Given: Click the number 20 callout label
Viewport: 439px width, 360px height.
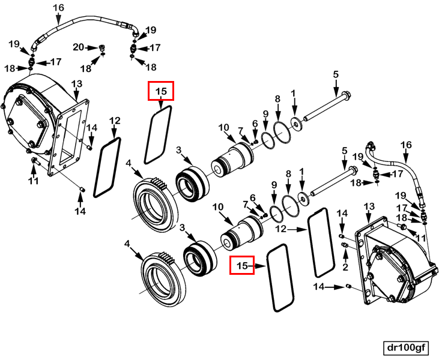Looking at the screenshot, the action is point(79,47).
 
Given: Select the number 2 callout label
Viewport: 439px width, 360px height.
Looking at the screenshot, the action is point(345,267).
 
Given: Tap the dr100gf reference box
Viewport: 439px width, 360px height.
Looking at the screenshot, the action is point(406,347).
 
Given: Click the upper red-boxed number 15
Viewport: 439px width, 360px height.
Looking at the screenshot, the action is point(161,91).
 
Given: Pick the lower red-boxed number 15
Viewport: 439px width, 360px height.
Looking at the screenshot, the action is point(242,265).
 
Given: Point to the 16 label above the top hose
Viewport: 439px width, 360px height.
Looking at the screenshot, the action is point(58,8).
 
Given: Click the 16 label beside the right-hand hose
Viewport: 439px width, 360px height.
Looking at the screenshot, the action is point(406,145).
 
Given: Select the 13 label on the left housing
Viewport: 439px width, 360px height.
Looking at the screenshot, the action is point(77,83).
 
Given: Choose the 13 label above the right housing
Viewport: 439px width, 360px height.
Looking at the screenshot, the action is point(369,206).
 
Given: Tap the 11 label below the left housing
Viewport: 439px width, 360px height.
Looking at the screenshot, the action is point(33,181).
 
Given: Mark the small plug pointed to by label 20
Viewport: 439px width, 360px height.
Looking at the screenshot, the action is point(102,49).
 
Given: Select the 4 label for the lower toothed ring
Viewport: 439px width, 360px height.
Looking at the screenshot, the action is point(127,244).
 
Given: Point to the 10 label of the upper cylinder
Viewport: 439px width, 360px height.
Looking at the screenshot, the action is point(223,128).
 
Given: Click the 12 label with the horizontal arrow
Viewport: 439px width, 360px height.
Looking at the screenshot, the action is point(281,229).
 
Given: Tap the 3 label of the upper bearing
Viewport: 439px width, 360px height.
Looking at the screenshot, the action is point(179,150).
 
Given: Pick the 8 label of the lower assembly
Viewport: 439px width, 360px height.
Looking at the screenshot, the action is point(288,174).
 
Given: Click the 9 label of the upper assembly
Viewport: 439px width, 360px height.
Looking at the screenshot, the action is point(265,114).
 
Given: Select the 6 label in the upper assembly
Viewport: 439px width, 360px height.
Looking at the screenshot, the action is point(255,124).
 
